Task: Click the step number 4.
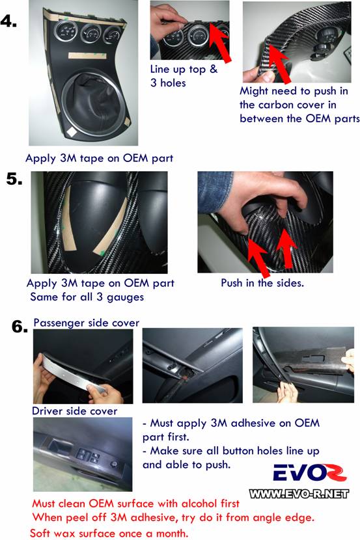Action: point(8,21)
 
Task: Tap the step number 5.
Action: point(14,178)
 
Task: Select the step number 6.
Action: point(20,327)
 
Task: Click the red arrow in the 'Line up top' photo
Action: point(221,42)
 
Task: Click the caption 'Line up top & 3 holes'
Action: point(184,75)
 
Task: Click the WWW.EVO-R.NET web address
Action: point(299,494)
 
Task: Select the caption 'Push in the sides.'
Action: point(262,283)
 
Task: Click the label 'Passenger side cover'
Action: point(86,323)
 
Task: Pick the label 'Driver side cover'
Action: point(74,411)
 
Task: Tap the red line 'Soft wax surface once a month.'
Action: point(109,533)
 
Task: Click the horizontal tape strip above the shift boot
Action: point(87,56)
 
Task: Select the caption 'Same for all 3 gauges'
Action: point(87,297)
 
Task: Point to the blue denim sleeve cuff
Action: point(211,193)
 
